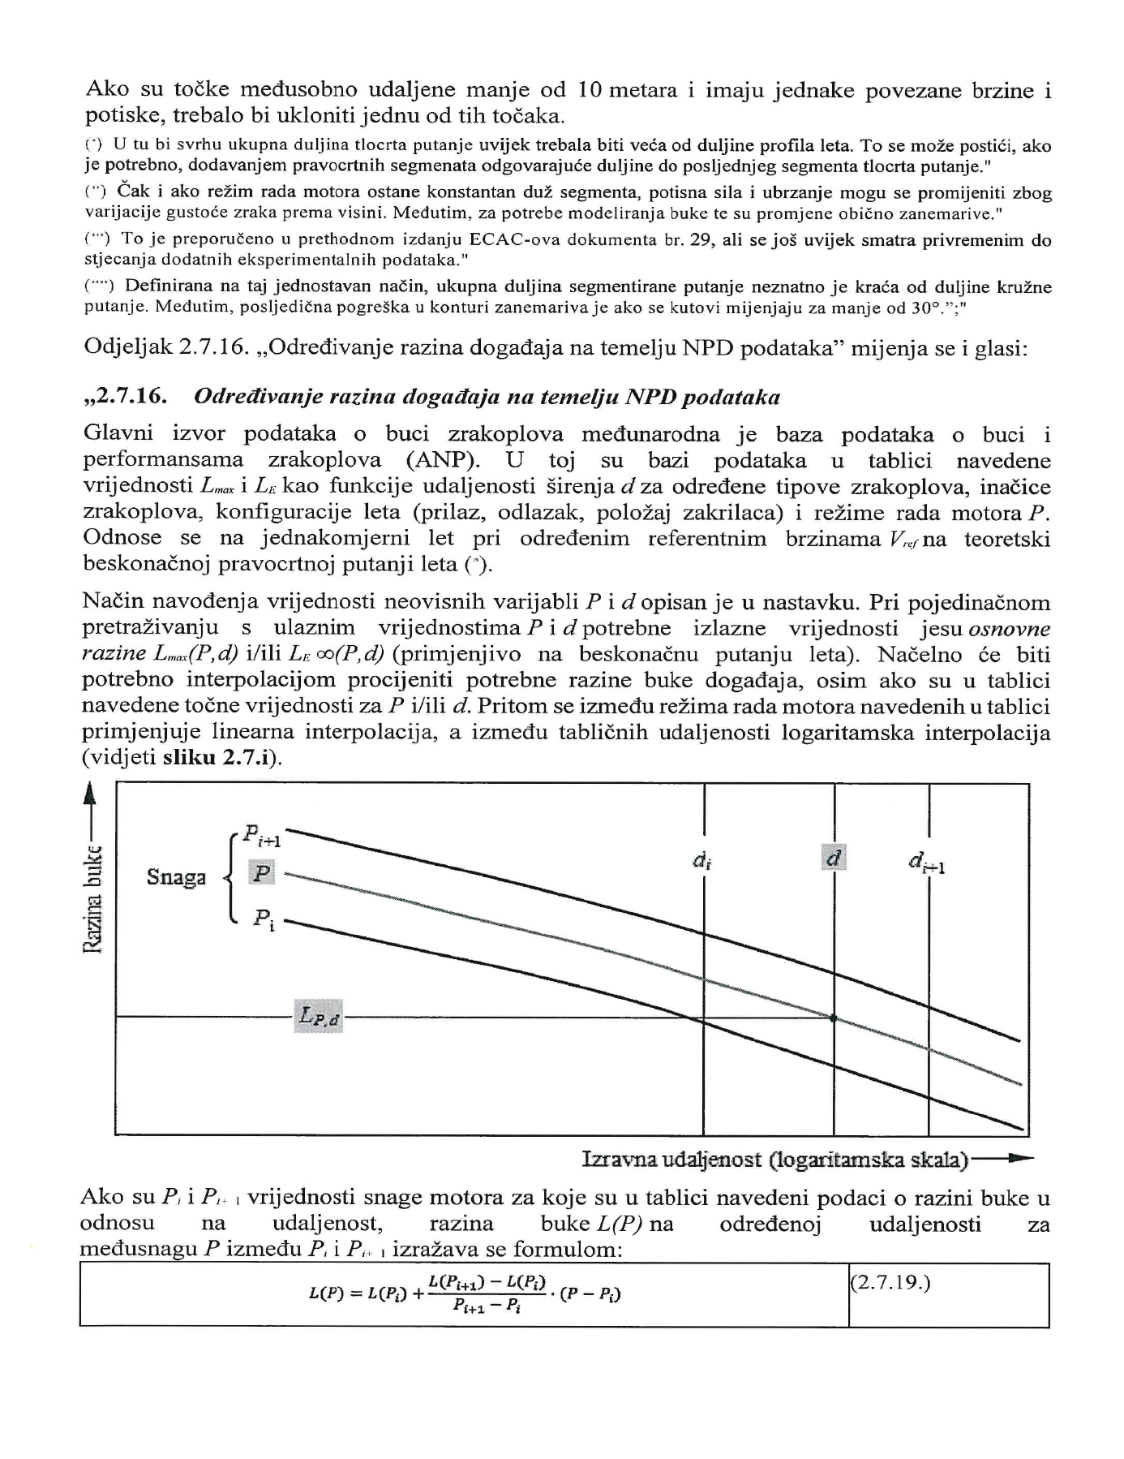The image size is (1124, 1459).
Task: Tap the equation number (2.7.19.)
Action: pos(890,1286)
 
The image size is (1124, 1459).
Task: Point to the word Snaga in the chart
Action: pos(176,877)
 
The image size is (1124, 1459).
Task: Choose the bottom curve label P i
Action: pos(263,919)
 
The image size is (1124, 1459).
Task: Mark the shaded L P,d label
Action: pos(320,1015)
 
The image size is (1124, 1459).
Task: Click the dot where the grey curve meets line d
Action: pos(834,1016)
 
